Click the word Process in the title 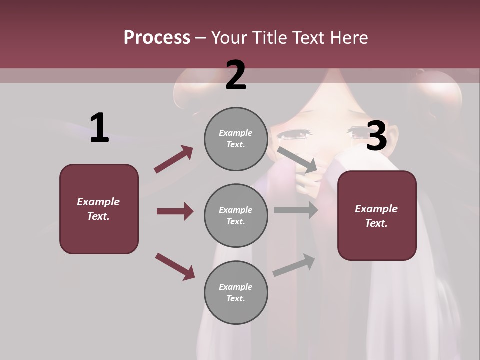coord(157,38)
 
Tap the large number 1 coord(99,128)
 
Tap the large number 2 coord(236,75)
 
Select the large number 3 coord(376,136)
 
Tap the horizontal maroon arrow coord(175,211)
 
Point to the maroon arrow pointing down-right coord(175,266)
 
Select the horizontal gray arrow coord(295,210)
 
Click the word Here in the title coord(349,38)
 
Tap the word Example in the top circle coord(235,133)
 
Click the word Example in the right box coord(376,209)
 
